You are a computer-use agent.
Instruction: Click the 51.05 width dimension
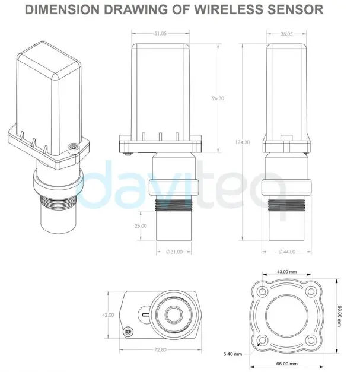tap(160, 34)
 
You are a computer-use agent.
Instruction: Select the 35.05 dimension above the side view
tap(288, 34)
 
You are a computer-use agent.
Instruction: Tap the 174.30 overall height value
tap(242, 142)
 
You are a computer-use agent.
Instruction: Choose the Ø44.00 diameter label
tap(287, 252)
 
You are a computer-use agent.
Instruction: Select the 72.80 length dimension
tap(160, 349)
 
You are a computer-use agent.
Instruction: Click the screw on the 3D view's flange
tap(72, 145)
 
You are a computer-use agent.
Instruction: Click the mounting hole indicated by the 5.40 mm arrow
tap(262, 340)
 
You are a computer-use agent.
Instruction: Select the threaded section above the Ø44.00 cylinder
tap(288, 208)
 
